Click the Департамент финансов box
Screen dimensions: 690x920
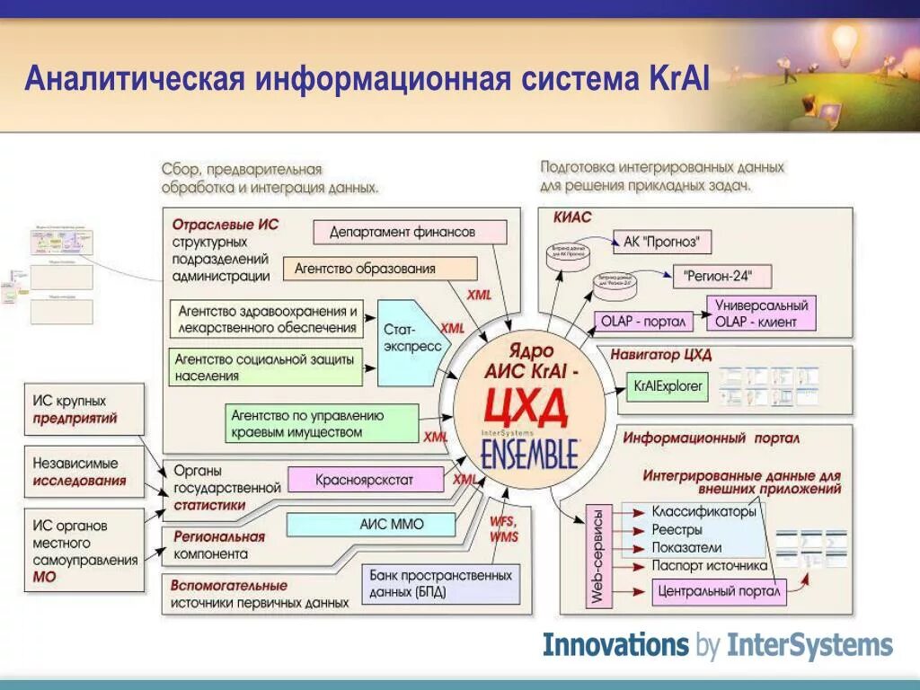pos(410,232)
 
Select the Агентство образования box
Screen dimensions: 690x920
pos(380,269)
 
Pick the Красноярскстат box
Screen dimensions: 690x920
pos(366,480)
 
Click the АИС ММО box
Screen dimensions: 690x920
pos(392,525)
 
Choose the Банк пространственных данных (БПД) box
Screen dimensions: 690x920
pos(440,584)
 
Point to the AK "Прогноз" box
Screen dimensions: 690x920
pos(661,242)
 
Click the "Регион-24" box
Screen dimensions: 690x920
pos(721,276)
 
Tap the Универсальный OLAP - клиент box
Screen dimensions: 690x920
pos(761,314)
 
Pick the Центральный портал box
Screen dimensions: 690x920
pos(718,592)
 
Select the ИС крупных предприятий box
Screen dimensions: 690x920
pos(84,410)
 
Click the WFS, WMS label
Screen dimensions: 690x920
pos(504,529)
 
